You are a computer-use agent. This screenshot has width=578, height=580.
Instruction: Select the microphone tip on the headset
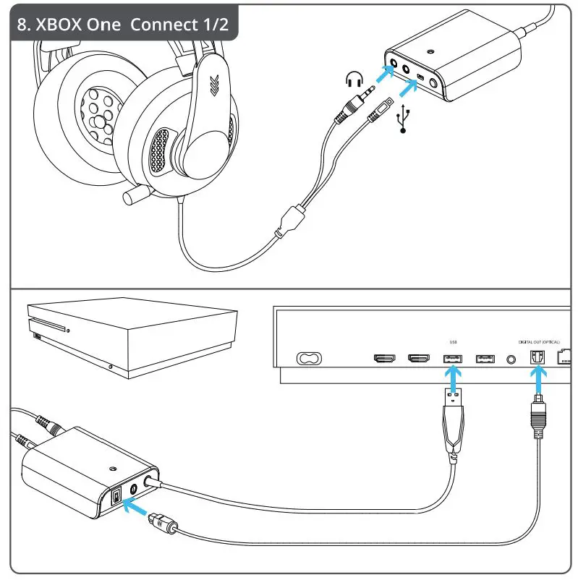(x=132, y=195)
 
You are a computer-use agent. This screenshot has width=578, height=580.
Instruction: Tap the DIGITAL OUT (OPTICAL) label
(x=538, y=341)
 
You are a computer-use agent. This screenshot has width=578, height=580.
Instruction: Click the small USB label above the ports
(x=454, y=341)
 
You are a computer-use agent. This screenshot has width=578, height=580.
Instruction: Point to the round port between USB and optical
(x=512, y=359)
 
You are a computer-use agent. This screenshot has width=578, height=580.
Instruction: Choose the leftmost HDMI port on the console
(x=384, y=359)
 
